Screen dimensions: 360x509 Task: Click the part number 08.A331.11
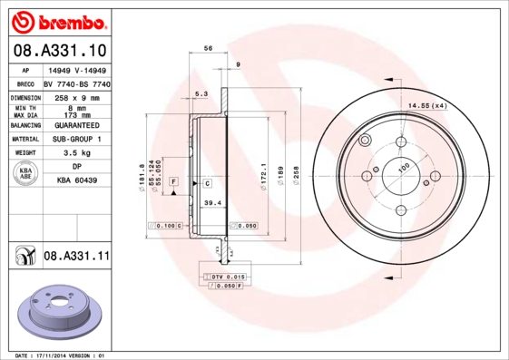(x=76, y=258)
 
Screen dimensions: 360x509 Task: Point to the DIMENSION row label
(x=27, y=96)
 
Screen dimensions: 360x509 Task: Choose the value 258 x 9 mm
(x=76, y=96)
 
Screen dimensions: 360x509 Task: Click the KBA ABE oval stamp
(x=27, y=174)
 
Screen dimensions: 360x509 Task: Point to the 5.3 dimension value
(x=201, y=93)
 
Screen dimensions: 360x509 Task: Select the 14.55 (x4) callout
(x=428, y=107)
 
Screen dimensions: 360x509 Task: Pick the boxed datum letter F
(x=173, y=183)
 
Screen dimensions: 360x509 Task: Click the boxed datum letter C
(x=208, y=183)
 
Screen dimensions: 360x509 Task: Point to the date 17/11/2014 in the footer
(x=60, y=355)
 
